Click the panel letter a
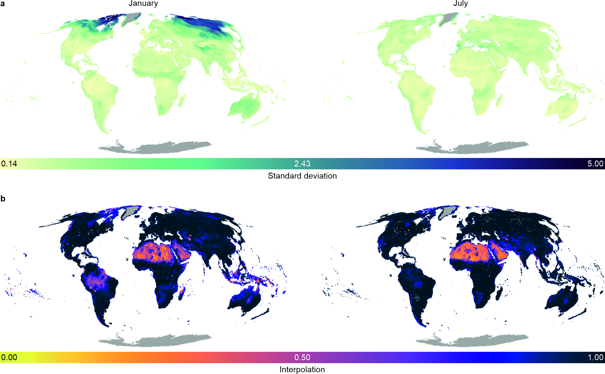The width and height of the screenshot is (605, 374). pyautogui.click(x=3, y=4)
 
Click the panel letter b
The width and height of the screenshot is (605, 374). pyautogui.click(x=3, y=198)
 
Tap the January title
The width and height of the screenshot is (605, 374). pyautogui.click(x=143, y=3)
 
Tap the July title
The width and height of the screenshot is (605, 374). pyautogui.click(x=460, y=3)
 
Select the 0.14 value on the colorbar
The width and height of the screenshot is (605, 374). pyautogui.click(x=9, y=164)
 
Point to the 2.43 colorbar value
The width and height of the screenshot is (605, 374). pyautogui.click(x=302, y=164)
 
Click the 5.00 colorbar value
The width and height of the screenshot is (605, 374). pyautogui.click(x=595, y=164)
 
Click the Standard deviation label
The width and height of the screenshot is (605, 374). pyautogui.click(x=302, y=176)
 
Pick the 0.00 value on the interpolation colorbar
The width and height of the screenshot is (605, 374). pyautogui.click(x=9, y=357)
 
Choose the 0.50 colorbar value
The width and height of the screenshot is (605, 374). pyautogui.click(x=302, y=357)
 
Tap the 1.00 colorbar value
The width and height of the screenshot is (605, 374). pyautogui.click(x=595, y=357)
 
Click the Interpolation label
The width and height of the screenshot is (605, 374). pyautogui.click(x=302, y=369)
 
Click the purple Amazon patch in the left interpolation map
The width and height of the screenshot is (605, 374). pyautogui.click(x=94, y=280)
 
